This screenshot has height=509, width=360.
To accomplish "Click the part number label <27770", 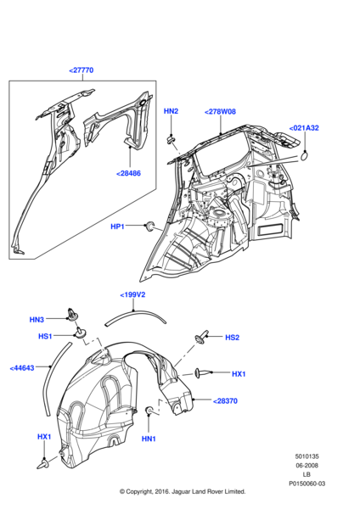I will coord(82,72).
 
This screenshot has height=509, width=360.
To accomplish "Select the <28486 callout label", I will coord(129,173).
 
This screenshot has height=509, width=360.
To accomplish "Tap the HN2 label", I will coord(171,111).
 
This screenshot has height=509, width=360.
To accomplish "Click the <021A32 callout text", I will coord(303,128).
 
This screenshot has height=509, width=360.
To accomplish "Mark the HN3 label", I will coord(37,320).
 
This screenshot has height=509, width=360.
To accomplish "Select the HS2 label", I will coord(232,337).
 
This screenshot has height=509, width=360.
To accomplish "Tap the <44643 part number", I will coord(23,368).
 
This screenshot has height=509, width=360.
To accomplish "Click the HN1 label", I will coord(149,438).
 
